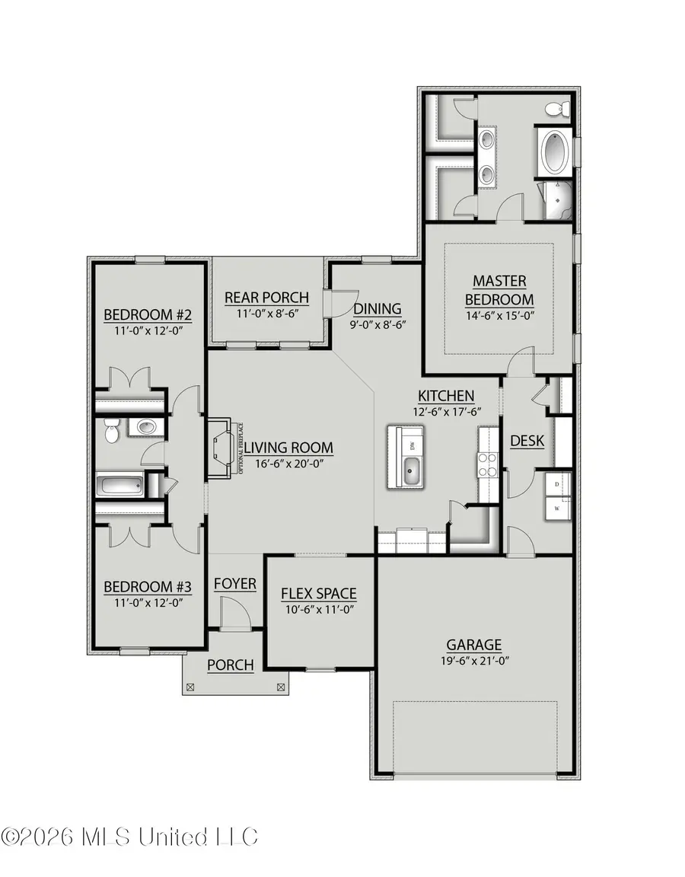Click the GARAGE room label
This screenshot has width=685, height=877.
point(473,644)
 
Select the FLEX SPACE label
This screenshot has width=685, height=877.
point(318,593)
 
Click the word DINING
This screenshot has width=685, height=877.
point(378,308)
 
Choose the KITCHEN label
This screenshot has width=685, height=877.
point(446,396)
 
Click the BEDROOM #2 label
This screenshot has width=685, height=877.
point(143,314)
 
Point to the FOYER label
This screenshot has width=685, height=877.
point(234,584)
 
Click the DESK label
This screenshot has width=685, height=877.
point(527,441)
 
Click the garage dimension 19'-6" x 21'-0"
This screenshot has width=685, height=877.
point(473,661)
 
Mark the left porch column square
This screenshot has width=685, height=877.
point(190,687)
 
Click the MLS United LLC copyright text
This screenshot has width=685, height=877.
point(129,837)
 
